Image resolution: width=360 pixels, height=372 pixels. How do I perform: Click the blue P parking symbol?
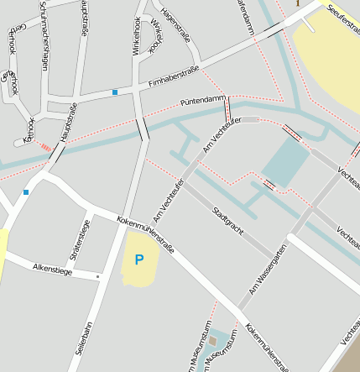(x=139, y=260)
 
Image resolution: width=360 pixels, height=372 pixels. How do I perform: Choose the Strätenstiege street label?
(x=80, y=239)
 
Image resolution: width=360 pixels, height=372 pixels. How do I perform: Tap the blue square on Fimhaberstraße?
(x=115, y=92)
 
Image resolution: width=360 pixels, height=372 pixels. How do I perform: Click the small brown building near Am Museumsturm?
(x=213, y=340)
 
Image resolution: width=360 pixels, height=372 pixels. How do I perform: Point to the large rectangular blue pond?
(x=285, y=162)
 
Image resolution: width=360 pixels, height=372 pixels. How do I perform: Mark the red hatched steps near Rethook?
(x=46, y=148)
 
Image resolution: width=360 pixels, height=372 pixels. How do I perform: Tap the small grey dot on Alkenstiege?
(x=97, y=275)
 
